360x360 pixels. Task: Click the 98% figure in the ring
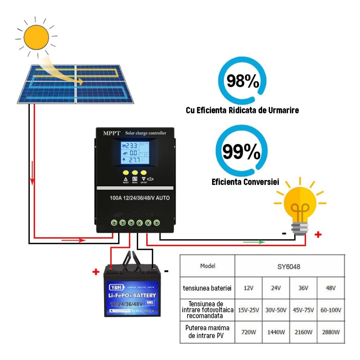coord(243,81)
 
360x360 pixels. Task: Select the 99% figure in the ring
coord(241,152)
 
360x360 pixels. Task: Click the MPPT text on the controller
coord(112,133)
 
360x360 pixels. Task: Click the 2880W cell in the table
coord(330,331)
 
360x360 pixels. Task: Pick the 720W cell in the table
coord(248,331)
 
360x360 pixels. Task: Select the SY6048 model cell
coord(289,267)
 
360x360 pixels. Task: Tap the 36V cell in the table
coord(303,288)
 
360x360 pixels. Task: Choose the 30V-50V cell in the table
coord(276,310)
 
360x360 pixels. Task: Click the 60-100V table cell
coord(330,310)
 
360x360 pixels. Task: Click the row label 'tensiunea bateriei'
coord(207,288)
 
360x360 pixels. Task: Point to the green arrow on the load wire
coord(254,242)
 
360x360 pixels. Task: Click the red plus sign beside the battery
coord(95,272)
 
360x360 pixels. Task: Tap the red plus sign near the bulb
coord(318,235)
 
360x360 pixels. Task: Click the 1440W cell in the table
coord(276,331)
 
